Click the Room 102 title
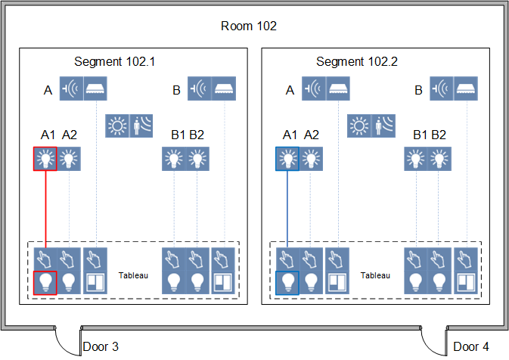pos(249,26)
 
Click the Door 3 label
pos(101,347)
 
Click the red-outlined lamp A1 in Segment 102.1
pos(45,159)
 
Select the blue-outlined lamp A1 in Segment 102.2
pos(287,159)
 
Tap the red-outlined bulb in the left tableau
pos(45,282)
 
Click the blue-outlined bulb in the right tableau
pos(287,282)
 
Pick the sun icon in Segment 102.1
pos(117,125)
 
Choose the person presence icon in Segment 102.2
pos(383,125)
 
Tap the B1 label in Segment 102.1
pos(178,135)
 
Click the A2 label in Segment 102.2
pos(311,135)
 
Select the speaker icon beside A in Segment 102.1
pos(70,88)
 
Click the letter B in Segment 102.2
pos(418,91)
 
